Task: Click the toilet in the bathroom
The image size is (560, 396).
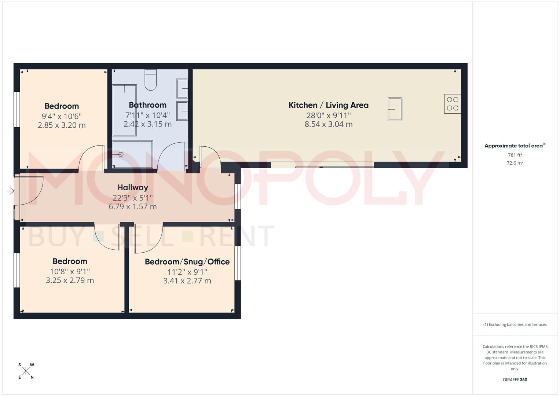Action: tap(151, 80)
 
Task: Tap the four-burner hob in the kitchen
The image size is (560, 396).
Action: tap(453, 104)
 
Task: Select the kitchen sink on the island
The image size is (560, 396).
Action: tap(395, 109)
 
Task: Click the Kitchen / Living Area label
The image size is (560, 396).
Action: tap(328, 105)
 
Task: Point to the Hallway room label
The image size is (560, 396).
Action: tap(133, 188)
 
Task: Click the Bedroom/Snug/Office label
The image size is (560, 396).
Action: tap(187, 262)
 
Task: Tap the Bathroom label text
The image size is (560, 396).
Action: tap(147, 105)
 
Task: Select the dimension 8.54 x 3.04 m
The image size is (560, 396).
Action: tap(328, 124)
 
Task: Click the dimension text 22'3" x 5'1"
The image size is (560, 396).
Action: tap(132, 198)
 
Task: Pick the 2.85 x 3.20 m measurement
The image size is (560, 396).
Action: tap(62, 125)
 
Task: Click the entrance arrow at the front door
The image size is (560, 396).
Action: tap(10, 191)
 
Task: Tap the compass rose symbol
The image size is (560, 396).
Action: tap(26, 371)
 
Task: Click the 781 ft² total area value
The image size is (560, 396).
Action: tap(515, 155)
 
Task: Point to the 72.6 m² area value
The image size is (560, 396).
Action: tap(515, 163)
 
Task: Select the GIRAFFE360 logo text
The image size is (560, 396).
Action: tap(515, 380)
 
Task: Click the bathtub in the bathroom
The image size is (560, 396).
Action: tap(124, 110)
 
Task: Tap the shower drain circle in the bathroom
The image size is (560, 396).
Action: tap(121, 155)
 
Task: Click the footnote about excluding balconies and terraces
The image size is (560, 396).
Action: tap(515, 324)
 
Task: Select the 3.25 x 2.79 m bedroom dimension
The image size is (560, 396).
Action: tap(70, 280)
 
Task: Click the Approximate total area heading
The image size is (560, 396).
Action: tap(515, 146)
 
